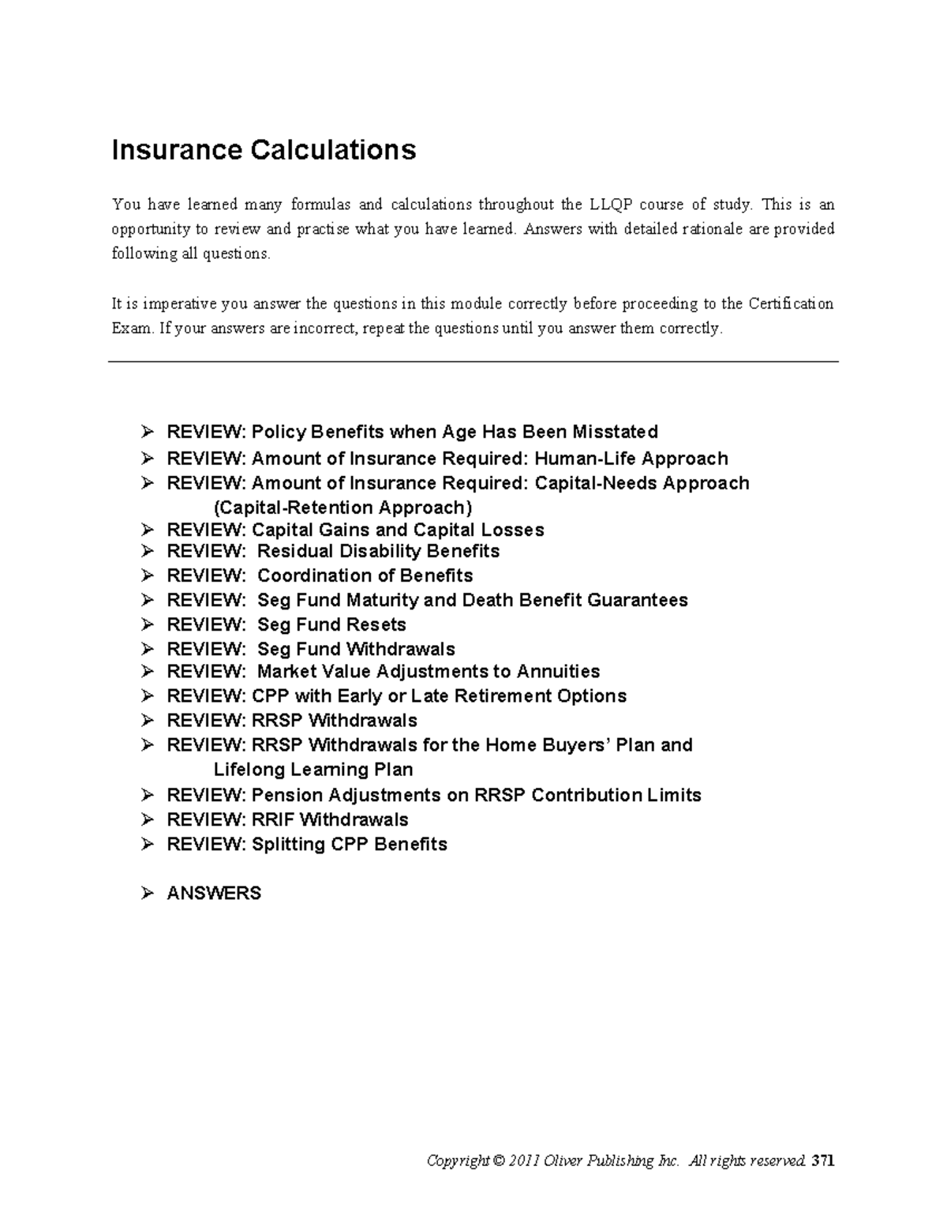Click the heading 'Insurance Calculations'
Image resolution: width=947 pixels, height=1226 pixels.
pos(264,149)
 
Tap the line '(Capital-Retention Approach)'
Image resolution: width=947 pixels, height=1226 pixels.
pos(343,507)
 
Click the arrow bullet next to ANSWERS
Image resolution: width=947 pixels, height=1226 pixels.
pos(147,893)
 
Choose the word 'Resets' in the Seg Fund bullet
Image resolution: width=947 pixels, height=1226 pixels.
pos(377,624)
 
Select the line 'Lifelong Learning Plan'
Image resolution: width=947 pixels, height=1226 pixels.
pos(313,769)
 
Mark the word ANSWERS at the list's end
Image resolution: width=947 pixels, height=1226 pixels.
pos(214,893)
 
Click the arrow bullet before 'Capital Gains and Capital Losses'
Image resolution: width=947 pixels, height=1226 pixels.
pos(147,530)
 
